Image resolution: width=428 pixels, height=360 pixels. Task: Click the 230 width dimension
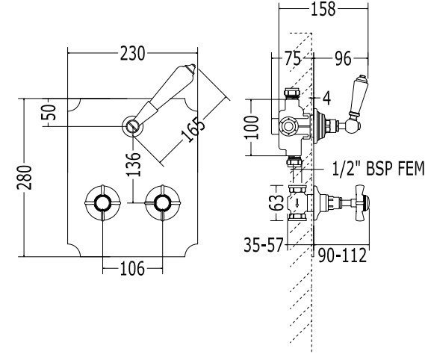[x=132, y=53]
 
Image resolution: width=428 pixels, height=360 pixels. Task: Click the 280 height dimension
[x=25, y=178]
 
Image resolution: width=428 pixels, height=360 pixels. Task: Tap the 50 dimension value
[x=49, y=113]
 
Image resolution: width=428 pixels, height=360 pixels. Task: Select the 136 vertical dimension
[x=134, y=164]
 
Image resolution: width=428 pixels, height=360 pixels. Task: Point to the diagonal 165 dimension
[x=193, y=129]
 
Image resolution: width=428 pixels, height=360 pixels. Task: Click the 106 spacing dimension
[x=132, y=269]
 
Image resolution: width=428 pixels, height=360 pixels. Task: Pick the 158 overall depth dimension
[x=323, y=9]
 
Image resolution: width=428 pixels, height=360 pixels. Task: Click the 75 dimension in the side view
[x=293, y=58]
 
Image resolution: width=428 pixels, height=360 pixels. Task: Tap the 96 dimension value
[x=343, y=58]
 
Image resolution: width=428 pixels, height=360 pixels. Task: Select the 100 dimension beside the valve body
[x=252, y=127]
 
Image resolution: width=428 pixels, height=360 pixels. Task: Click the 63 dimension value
[x=277, y=202]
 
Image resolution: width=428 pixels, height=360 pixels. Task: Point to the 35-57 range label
[x=263, y=244]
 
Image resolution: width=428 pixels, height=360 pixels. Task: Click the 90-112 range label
[x=343, y=255]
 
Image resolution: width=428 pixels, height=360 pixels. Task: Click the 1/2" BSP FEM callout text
[x=378, y=168]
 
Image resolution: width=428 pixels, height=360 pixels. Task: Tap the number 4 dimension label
[x=326, y=98]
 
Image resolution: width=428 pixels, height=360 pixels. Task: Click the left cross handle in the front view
[x=102, y=203]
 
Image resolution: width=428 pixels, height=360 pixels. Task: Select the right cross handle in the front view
[x=163, y=203]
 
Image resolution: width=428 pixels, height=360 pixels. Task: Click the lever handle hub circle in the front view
[x=132, y=126]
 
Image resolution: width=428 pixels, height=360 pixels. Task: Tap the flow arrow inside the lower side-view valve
[x=297, y=203]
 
